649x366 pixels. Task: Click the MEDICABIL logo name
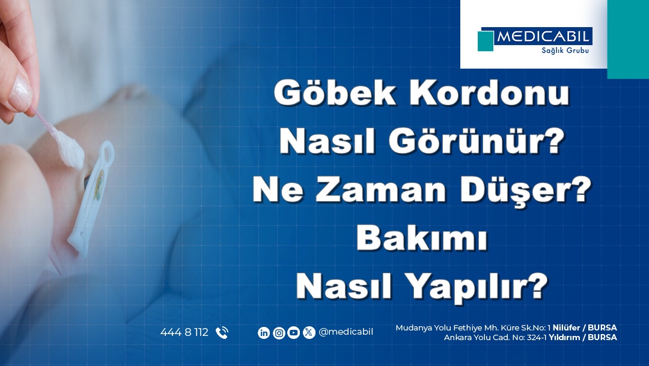[x=543, y=37]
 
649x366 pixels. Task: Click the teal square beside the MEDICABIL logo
[x=486, y=41]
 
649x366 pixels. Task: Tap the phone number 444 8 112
[x=184, y=332]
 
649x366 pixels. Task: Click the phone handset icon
[x=222, y=332]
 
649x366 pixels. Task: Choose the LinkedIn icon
[x=264, y=332]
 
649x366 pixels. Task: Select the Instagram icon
[x=279, y=332]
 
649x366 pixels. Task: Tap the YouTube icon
[x=294, y=332]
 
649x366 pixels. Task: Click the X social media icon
[x=309, y=332]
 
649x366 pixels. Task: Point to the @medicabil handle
[x=346, y=332]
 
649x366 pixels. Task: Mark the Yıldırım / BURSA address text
[x=582, y=337]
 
